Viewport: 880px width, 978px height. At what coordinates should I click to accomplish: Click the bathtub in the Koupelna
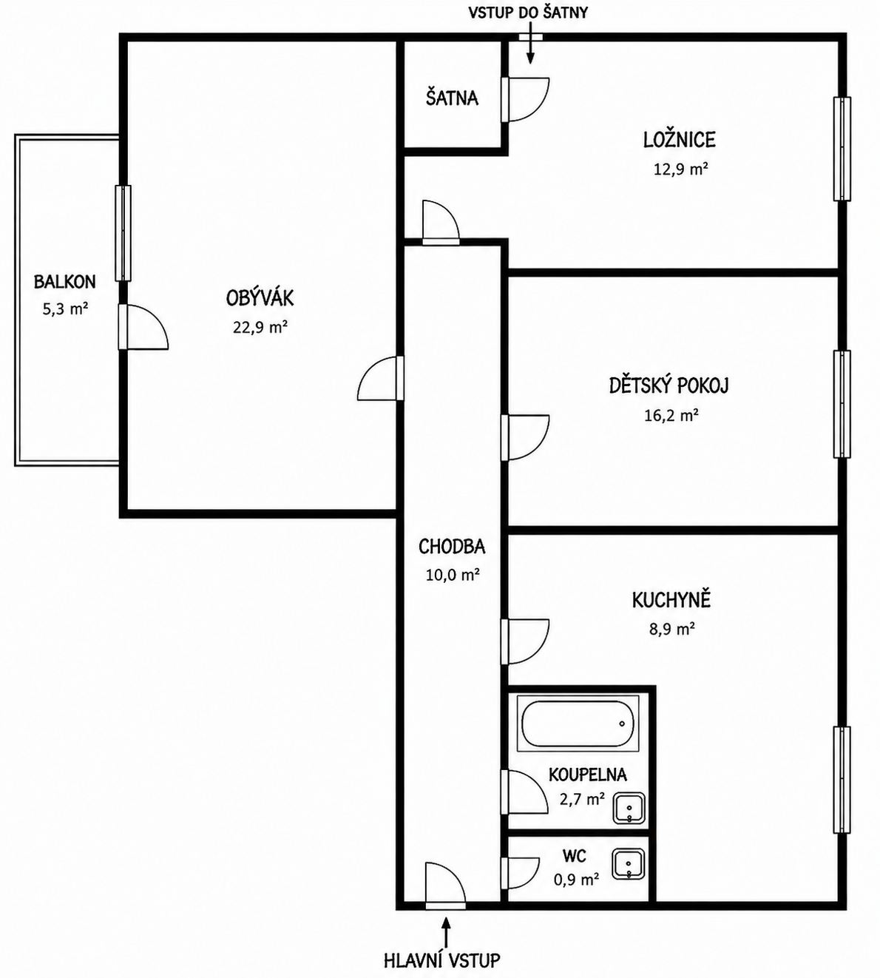pyautogui.click(x=578, y=723)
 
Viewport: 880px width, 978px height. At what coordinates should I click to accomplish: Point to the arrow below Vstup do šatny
pyautogui.click(x=530, y=49)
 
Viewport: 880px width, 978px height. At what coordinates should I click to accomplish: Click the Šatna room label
pyautogui.click(x=452, y=98)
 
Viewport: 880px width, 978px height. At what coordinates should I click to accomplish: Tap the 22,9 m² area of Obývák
pyautogui.click(x=260, y=327)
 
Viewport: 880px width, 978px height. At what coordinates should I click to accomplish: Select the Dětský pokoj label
pyautogui.click(x=669, y=385)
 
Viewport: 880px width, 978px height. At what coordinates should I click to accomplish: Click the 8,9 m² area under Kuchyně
pyautogui.click(x=671, y=629)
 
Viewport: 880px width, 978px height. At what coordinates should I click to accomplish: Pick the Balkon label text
pyautogui.click(x=65, y=282)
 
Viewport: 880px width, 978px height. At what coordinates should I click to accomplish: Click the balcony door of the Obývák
pyautogui.click(x=143, y=327)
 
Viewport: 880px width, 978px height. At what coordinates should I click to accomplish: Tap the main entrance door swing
pyautogui.click(x=444, y=886)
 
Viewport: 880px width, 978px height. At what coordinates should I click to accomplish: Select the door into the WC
pyautogui.click(x=520, y=873)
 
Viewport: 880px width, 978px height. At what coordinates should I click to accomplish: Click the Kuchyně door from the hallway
pyautogui.click(x=525, y=641)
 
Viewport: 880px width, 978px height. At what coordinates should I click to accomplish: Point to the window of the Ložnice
pyautogui.click(x=842, y=149)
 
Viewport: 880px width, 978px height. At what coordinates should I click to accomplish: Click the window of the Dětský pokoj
pyautogui.click(x=842, y=404)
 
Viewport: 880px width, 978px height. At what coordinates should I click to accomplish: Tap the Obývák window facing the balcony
pyautogui.click(x=123, y=233)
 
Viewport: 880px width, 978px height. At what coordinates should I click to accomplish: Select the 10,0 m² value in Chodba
pyautogui.click(x=453, y=575)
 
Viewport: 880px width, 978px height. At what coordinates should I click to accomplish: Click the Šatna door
pyautogui.click(x=525, y=99)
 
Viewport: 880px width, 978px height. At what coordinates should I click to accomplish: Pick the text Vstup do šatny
pyautogui.click(x=528, y=13)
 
